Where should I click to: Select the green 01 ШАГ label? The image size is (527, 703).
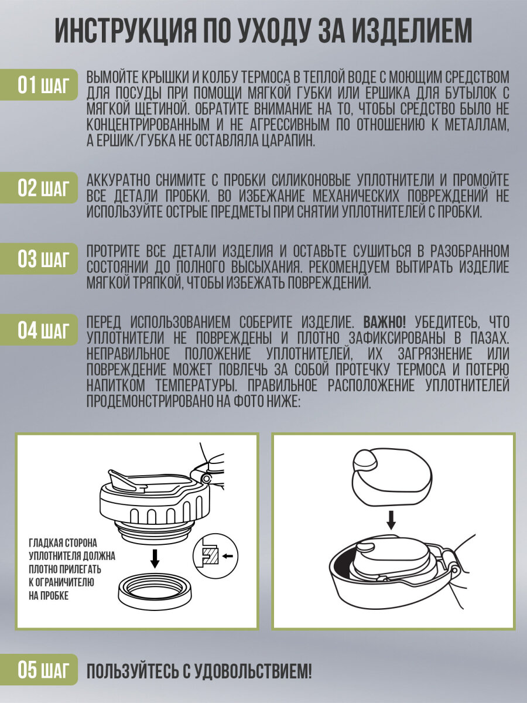(39, 85)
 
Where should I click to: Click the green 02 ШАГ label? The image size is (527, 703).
(39, 187)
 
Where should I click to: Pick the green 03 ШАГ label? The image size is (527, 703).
(39, 259)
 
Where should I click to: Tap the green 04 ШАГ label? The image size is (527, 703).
(39, 330)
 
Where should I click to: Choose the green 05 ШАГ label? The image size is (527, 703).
(39, 670)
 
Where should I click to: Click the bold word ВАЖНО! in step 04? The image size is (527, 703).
(385, 323)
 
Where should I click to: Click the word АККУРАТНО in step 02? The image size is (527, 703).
(119, 180)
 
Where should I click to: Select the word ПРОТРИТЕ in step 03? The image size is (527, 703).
(113, 251)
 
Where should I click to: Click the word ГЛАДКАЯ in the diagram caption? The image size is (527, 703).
(47, 543)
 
